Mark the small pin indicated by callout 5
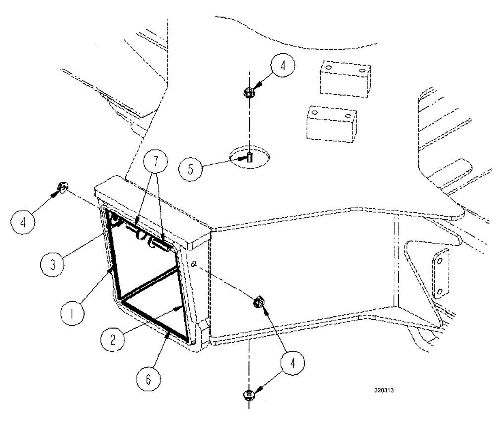pyautogui.click(x=249, y=158)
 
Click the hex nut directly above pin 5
pyautogui.click(x=249, y=92)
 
